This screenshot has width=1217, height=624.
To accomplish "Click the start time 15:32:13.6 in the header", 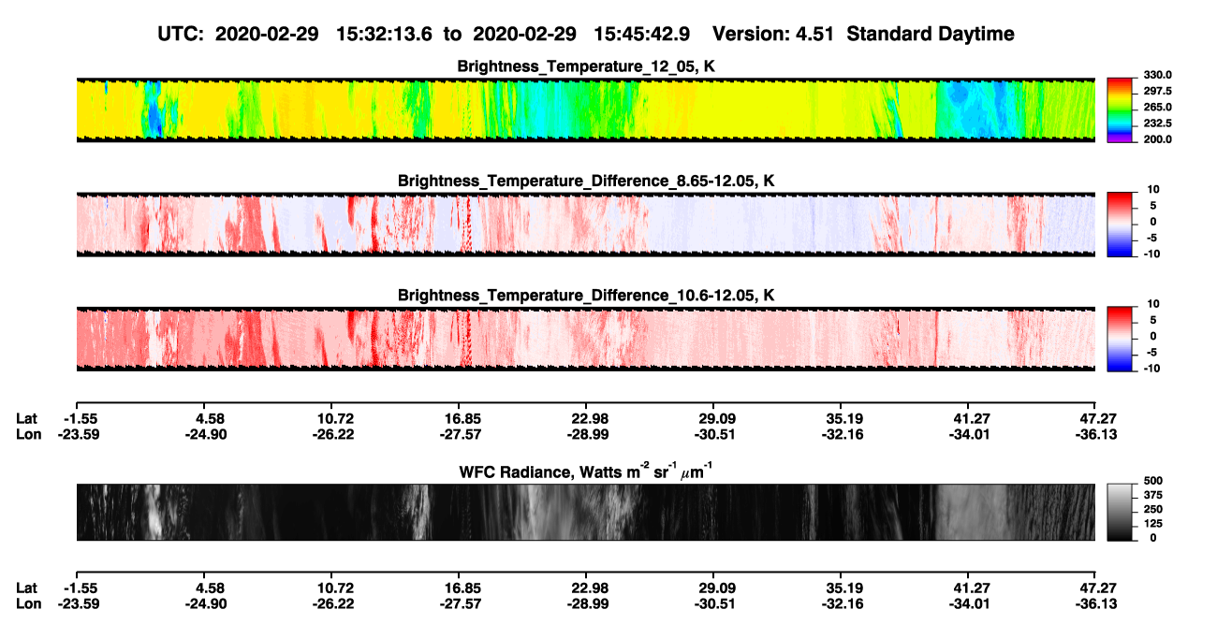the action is (x=384, y=35).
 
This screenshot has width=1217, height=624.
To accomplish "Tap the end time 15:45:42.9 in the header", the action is (x=641, y=35).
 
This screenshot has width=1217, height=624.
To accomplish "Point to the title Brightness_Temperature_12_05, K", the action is (x=586, y=66).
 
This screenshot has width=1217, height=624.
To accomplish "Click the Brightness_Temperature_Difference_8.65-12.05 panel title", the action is (x=586, y=181).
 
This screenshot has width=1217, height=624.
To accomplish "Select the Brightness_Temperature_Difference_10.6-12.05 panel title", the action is (x=586, y=296).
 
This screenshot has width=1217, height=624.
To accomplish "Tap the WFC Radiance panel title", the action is (x=585, y=471).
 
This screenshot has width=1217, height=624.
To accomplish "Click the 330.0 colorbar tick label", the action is (x=1157, y=75).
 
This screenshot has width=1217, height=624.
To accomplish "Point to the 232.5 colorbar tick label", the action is (x=1157, y=123).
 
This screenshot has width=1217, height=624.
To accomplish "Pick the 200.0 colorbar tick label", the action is (x=1157, y=139).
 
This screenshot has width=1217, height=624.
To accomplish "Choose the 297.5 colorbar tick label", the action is (x=1157, y=92).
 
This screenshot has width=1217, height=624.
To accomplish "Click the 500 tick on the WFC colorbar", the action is (x=1153, y=481).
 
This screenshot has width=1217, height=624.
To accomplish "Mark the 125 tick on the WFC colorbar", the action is (x=1153, y=524).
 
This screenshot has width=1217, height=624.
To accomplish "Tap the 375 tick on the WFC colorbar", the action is (x=1153, y=495).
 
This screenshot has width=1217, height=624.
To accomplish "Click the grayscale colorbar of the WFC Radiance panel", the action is (x=1120, y=512).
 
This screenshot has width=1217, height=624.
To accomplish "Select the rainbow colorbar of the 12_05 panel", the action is (x=1120, y=110).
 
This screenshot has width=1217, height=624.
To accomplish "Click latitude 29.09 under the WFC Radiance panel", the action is (x=716, y=588).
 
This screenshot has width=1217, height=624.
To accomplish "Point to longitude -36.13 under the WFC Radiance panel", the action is (x=1096, y=604).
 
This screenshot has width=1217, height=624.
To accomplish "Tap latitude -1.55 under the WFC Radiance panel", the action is (x=81, y=588).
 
